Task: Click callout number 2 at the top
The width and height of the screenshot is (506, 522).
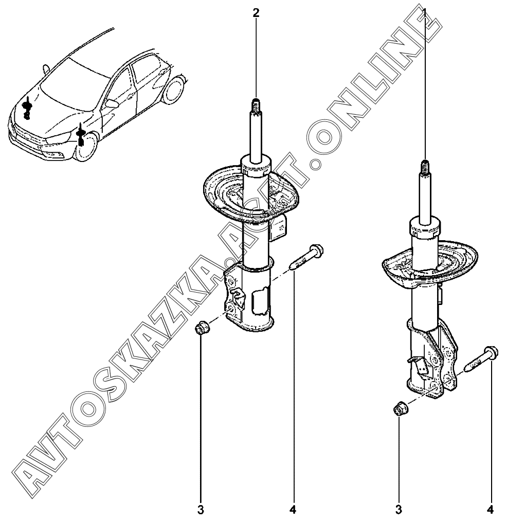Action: click(x=256, y=13)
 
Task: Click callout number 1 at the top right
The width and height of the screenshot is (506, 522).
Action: click(x=424, y=13)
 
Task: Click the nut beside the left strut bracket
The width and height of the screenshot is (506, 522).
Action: click(x=202, y=328)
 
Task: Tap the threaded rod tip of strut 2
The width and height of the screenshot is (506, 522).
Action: click(x=256, y=106)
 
